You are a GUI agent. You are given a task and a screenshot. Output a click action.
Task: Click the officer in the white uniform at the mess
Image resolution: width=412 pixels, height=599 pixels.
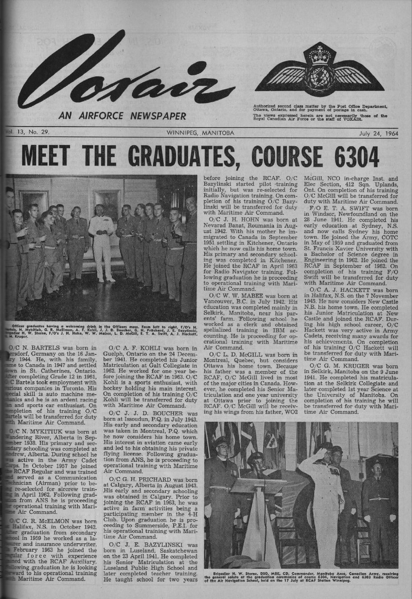click(102, 240)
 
